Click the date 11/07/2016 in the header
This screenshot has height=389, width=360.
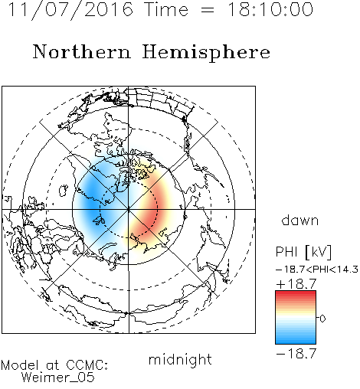tap(70, 10)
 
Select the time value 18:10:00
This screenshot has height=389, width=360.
tap(270, 10)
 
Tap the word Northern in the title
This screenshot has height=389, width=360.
tap(82, 52)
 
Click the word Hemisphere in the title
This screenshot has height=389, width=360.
tap(206, 53)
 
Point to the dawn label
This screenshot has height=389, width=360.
tap(300, 220)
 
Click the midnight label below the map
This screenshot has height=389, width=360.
tap(180, 360)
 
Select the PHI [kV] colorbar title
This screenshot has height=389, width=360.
tap(303, 252)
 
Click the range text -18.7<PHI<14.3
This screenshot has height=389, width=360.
tap(317, 270)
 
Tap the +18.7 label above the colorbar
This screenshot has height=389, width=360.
tap(296, 284)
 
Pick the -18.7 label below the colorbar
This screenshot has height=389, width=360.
tap(296, 354)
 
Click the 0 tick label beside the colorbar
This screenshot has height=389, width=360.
tap(322, 319)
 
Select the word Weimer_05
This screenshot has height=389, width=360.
tap(57, 378)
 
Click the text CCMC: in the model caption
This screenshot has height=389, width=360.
tap(87, 365)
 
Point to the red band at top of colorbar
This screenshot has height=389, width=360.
tap(296, 295)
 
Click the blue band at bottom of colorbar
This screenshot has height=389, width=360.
tap(296, 339)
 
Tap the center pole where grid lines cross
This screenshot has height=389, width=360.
tap(129, 209)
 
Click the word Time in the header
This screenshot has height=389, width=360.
tap(166, 10)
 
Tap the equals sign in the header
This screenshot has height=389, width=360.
tap(208, 10)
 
